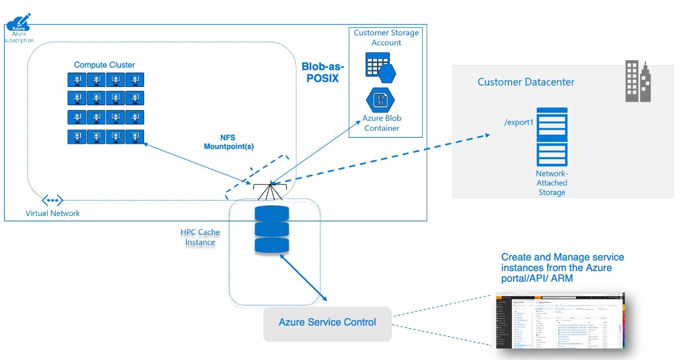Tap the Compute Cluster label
(104, 65)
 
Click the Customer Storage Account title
(386, 37)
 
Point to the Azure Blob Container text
(382, 123)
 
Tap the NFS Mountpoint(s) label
(229, 142)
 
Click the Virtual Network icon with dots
(52, 200)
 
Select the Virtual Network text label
(53, 213)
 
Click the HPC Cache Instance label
(200, 237)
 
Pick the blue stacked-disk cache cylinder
(271, 229)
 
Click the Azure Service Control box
(327, 323)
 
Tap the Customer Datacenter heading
(526, 82)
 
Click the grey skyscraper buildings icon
(638, 81)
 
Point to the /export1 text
(519, 123)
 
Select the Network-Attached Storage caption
(552, 183)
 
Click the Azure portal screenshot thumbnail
(559, 320)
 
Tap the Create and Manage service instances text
(563, 267)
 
